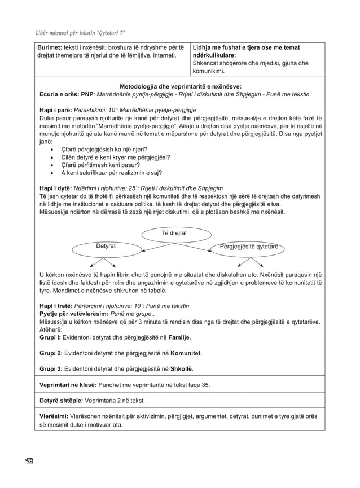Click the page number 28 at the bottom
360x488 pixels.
pyautogui.click(x=29, y=460)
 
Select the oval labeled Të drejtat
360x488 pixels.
pyautogui.click(x=174, y=233)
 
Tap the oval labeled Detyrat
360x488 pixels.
pyautogui.click(x=106, y=247)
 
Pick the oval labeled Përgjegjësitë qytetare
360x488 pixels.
pyautogui.click(x=252, y=247)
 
